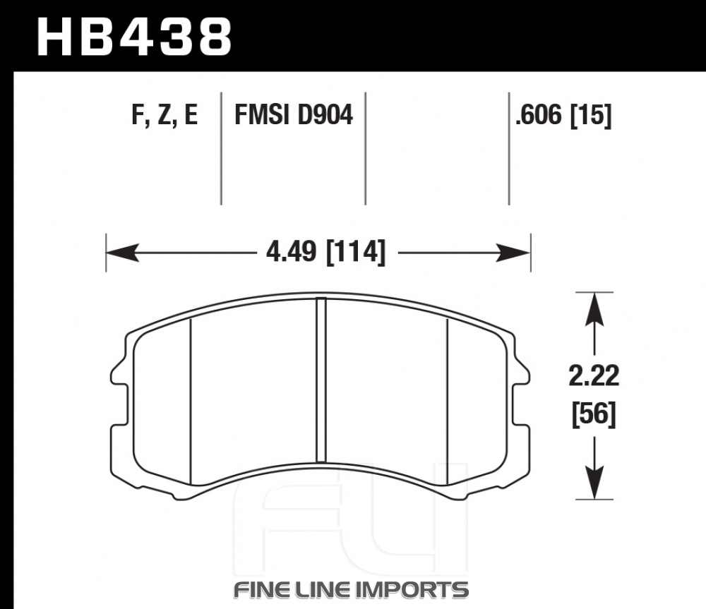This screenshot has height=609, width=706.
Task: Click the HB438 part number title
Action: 133,37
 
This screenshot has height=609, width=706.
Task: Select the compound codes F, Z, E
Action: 164,114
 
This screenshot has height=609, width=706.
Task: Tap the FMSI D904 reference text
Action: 294,114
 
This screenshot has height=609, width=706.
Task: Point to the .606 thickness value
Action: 539,115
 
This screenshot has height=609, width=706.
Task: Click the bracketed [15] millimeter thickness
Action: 591,115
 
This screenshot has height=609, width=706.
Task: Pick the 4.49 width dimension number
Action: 292,252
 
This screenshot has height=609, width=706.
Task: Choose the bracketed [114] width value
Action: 355,253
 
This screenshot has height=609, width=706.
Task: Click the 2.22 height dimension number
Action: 594,376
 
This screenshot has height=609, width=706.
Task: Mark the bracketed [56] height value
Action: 594,414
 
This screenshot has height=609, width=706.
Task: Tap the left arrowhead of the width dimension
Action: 121,253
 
